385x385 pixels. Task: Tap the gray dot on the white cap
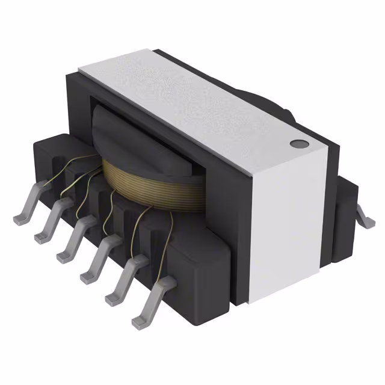click(297, 144)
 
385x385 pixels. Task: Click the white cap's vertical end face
click(283, 229)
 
